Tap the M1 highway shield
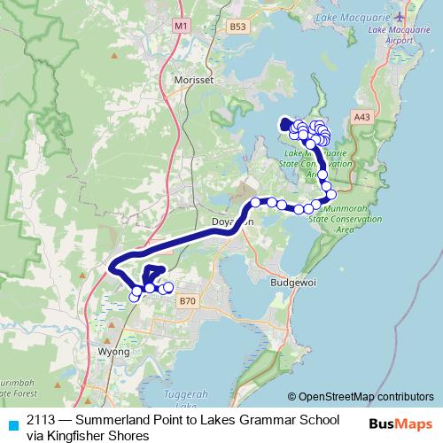click(181, 27)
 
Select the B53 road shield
click(237, 27)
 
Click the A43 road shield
click(361, 116)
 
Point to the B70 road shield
click(185, 301)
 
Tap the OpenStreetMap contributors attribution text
click(365, 396)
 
